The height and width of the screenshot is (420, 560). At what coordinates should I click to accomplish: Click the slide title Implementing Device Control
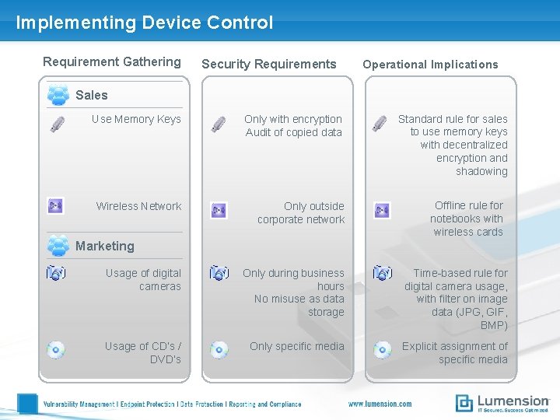tap(145, 23)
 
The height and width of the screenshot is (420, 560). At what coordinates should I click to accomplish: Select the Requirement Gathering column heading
tap(111, 61)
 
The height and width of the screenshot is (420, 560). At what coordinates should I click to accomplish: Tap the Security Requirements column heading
tap(269, 64)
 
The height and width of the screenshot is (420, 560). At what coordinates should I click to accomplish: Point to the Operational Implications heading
tap(430, 65)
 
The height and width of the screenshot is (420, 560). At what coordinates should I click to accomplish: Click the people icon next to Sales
tap(58, 94)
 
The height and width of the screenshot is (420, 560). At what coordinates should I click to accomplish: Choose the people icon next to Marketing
tap(58, 245)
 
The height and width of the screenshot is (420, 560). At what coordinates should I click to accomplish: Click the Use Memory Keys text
tap(136, 119)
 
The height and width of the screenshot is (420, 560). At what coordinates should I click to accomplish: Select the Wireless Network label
tap(138, 206)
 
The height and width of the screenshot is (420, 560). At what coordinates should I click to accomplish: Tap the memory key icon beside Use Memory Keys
tap(58, 124)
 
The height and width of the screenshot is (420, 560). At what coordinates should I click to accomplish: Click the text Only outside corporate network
tap(301, 212)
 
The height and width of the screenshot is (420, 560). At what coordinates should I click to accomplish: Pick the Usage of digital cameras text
tap(143, 279)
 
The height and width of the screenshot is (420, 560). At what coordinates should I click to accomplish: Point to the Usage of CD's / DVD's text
tap(143, 352)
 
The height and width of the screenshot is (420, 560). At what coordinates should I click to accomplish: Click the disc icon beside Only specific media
tap(219, 350)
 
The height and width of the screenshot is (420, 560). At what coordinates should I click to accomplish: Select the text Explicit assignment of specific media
tap(454, 352)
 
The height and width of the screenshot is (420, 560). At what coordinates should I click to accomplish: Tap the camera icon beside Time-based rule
tap(382, 273)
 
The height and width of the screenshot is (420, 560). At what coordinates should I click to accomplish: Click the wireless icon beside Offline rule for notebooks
tap(382, 210)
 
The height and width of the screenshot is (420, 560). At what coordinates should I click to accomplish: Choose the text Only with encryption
tap(293, 119)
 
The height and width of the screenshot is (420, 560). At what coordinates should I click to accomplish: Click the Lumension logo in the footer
tap(502, 402)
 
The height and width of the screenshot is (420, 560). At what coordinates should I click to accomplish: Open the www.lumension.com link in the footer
tap(380, 404)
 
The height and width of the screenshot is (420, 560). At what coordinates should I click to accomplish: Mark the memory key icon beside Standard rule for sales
tap(379, 124)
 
